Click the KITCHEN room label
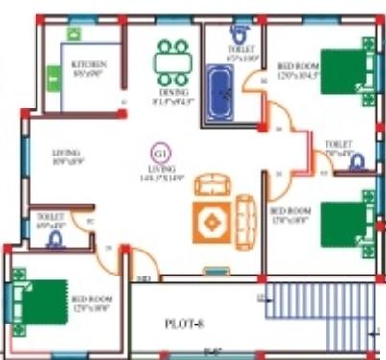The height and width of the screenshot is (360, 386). click(x=87, y=65)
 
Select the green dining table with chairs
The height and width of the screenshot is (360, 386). click(x=173, y=60)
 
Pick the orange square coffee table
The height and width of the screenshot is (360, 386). click(x=211, y=224)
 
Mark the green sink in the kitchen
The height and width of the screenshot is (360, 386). click(x=73, y=33)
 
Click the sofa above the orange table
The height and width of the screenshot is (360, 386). click(x=210, y=183)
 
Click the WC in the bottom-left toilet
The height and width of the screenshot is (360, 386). click(x=55, y=238)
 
